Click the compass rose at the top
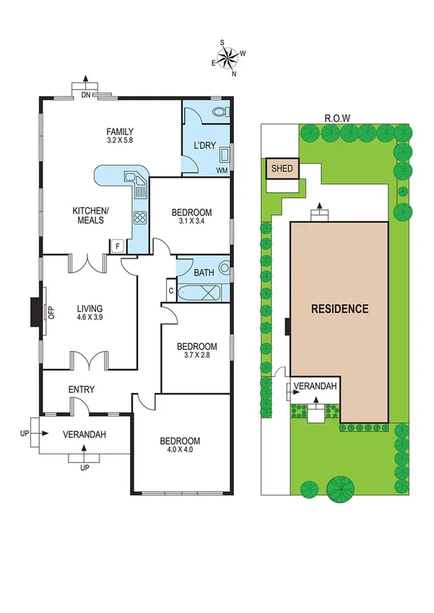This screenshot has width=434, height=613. [227, 58]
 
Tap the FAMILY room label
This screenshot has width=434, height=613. [120, 131]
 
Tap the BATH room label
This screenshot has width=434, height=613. [204, 273]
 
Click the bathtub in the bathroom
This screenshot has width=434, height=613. [203, 293]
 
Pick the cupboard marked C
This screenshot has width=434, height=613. [170, 290]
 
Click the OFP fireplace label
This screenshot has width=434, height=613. [51, 313]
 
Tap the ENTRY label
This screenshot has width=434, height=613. [81, 390]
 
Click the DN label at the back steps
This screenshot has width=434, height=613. [86, 93]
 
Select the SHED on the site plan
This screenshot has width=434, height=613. [282, 169]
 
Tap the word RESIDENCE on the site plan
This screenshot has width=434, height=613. [339, 309]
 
